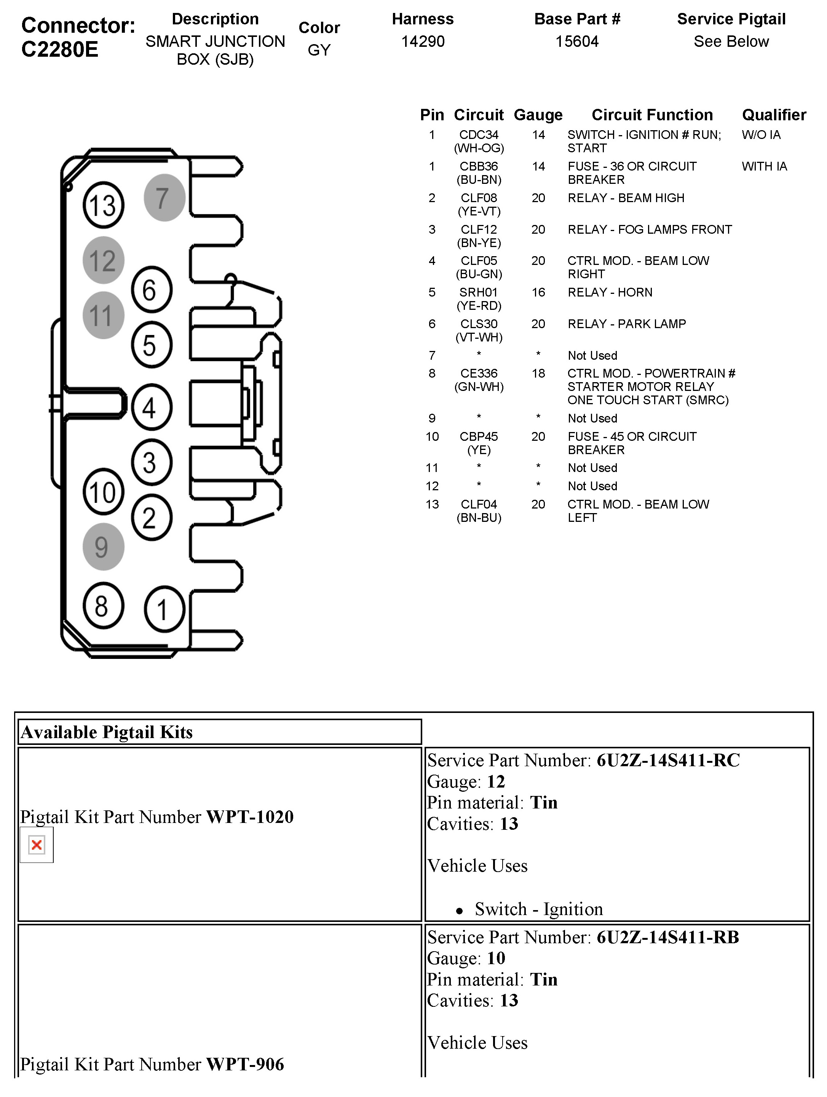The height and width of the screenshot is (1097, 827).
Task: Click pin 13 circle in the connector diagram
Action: [103, 205]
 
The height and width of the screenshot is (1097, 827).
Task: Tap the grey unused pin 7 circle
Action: [164, 198]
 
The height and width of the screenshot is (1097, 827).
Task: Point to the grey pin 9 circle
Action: [103, 547]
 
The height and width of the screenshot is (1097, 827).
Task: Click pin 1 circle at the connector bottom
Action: [164, 609]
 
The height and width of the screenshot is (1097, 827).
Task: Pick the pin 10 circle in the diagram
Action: [103, 492]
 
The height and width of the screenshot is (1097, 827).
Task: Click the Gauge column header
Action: [538, 115]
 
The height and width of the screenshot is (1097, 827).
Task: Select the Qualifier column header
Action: [773, 115]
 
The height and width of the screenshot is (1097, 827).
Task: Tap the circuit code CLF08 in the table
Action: [478, 198]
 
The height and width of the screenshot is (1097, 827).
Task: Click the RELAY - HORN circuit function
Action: [610, 292]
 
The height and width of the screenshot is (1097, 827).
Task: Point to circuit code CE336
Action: [478, 373]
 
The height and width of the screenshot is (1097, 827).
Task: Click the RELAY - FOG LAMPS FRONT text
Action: [650, 230]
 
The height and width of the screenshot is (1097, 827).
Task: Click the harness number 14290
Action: [423, 41]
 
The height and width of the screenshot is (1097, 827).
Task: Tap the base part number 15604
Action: [576, 41]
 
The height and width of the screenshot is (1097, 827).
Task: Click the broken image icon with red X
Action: [37, 845]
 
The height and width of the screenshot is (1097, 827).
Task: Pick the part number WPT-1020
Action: [249, 817]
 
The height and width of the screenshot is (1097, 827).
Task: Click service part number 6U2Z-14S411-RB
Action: [667, 937]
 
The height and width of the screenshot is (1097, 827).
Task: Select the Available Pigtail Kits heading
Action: [107, 732]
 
